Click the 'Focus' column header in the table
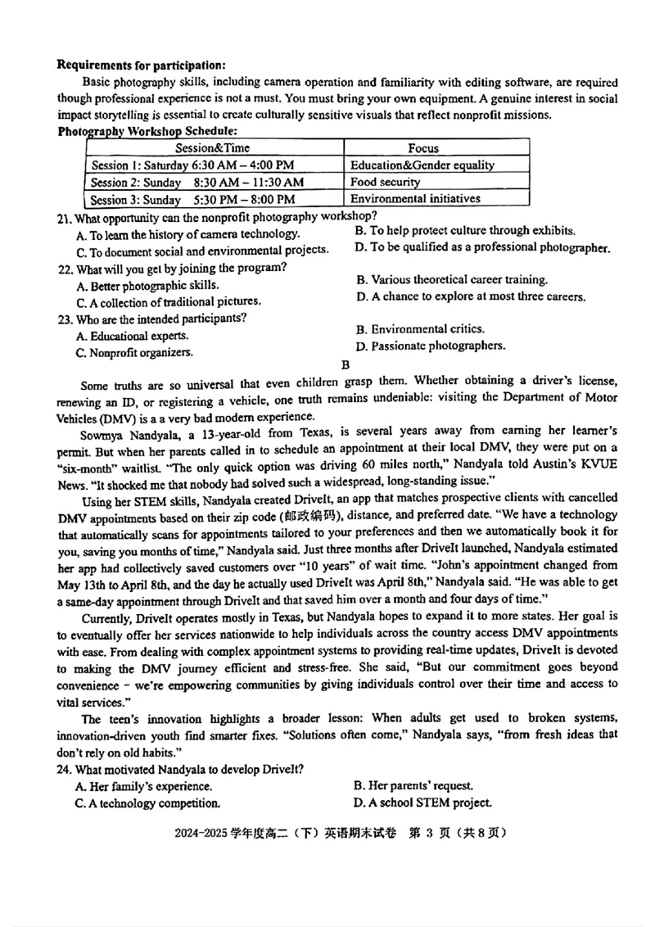click(423, 148)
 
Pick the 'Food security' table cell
click(385, 182)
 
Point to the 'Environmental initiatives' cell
click(415, 198)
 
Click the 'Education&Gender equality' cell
click(422, 165)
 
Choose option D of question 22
click(470, 296)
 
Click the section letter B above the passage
click(346, 364)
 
